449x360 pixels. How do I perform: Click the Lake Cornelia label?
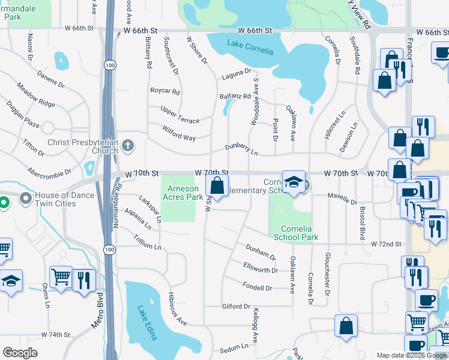point(250,47)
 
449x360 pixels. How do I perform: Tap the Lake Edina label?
point(146,323)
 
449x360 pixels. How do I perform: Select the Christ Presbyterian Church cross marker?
point(127,145)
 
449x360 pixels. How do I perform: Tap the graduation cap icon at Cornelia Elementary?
point(294,182)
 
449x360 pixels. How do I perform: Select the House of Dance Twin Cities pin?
point(25,198)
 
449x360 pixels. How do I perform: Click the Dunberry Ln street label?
point(241,149)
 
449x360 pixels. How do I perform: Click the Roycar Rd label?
point(165,92)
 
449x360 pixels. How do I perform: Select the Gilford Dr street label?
point(235,307)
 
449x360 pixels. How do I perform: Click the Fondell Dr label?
point(257,287)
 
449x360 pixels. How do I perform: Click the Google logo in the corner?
point(20,353)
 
